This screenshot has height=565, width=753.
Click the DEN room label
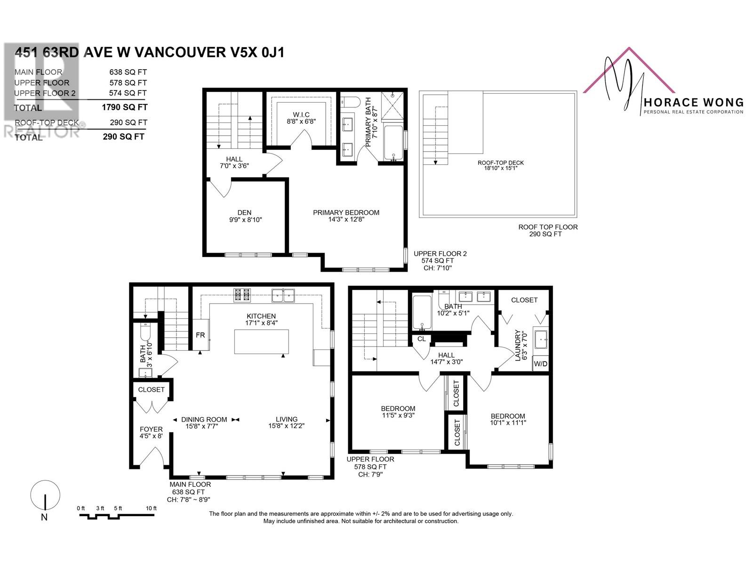pos(244,213)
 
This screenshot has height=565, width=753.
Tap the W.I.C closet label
pos(301,114)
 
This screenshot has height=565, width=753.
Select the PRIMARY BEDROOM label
pos(346,213)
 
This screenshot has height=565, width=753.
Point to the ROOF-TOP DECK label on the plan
pos(501,162)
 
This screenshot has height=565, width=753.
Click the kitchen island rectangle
pos(261,341)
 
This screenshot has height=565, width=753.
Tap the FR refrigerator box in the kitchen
pos(200,335)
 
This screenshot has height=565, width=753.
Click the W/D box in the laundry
pos(540,363)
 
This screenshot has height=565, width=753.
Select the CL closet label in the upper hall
pos(422,339)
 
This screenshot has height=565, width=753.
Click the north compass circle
pos(45,495)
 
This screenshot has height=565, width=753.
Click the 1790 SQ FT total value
pos(125,107)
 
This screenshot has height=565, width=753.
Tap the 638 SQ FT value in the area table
pos(128,72)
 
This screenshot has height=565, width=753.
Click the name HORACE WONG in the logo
pos(694,102)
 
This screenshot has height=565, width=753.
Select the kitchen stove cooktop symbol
pos(242,295)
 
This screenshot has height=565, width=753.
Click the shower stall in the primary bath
pos(393,105)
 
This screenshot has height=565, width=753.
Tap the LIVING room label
pos(287,419)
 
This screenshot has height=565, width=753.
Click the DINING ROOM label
pos(204,420)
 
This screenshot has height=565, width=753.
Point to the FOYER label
pos(151,429)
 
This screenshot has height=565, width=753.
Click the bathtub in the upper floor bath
pos(422,313)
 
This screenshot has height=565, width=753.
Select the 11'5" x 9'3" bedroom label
pos(398,415)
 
